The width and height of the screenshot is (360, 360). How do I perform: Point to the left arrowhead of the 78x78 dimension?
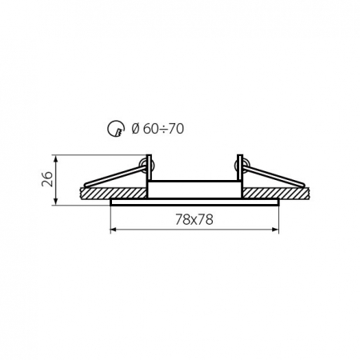(x=113, y=230)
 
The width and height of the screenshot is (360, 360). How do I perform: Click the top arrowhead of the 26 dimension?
(x=54, y=156)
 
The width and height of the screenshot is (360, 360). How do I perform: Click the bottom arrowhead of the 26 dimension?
(x=54, y=202)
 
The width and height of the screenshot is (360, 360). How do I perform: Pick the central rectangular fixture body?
(x=194, y=190)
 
